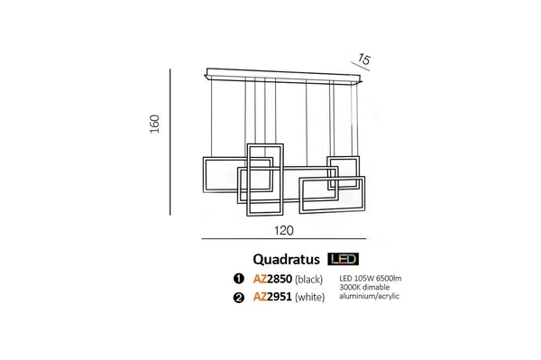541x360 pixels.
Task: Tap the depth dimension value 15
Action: click(363, 60)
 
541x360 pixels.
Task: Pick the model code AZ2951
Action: click(272, 296)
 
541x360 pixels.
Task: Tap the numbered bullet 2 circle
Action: click(239, 296)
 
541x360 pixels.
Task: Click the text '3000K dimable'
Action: click(364, 287)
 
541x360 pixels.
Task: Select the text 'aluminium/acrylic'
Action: click(370, 296)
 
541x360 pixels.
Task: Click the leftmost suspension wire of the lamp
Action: click(213, 117)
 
